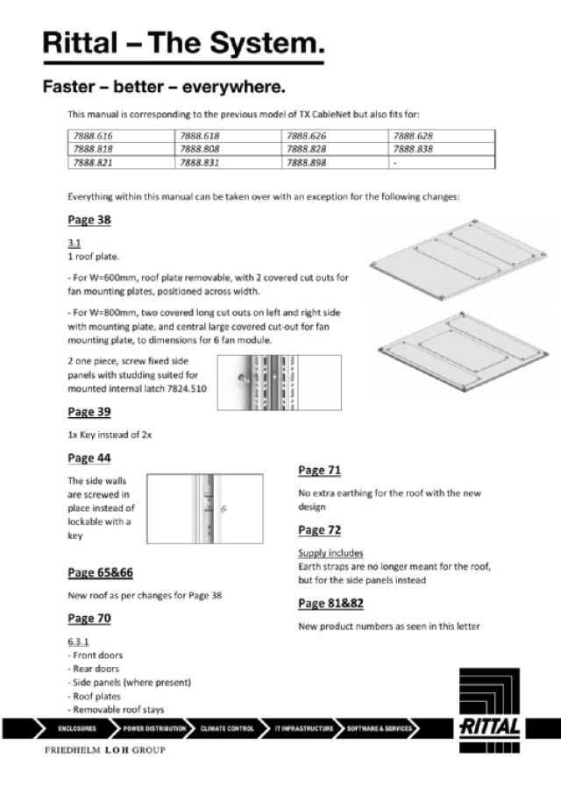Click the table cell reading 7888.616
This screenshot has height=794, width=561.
click(94, 137)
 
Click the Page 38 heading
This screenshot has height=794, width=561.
click(89, 219)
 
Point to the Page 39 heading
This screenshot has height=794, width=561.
click(89, 412)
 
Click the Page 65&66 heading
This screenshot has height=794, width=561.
click(101, 573)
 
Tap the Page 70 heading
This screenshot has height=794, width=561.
click(89, 619)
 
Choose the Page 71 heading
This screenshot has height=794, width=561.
click(320, 471)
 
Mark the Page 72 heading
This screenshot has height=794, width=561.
click(320, 530)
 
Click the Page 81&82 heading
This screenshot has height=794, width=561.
click(331, 603)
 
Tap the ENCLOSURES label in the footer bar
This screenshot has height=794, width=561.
click(77, 728)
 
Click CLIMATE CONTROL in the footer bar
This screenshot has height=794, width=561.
click(227, 728)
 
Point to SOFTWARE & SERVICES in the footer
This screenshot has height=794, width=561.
click(380, 728)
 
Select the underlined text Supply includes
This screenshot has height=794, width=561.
click(330, 554)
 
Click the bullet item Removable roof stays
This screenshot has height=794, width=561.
click(118, 710)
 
